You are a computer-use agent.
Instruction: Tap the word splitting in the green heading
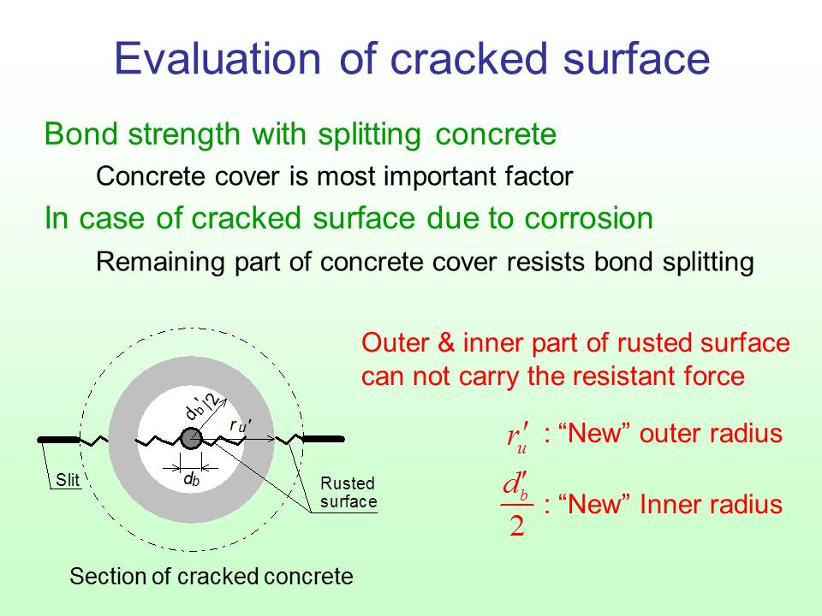click(x=370, y=135)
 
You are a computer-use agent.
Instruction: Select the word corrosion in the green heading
click(x=589, y=217)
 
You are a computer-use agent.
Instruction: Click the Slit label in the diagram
click(x=68, y=480)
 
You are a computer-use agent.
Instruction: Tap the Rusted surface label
click(x=348, y=493)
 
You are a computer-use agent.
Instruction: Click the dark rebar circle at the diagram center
click(x=191, y=439)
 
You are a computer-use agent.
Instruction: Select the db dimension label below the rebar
click(x=191, y=479)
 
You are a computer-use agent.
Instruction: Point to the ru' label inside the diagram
click(x=241, y=425)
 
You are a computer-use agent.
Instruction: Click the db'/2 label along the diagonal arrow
click(x=203, y=404)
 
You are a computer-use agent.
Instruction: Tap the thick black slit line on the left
click(x=58, y=440)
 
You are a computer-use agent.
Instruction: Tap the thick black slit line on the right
click(x=324, y=439)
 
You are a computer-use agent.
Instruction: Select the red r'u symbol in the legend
click(x=518, y=436)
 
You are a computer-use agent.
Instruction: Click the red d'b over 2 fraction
click(x=517, y=503)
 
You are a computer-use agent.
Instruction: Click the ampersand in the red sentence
click(x=445, y=343)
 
